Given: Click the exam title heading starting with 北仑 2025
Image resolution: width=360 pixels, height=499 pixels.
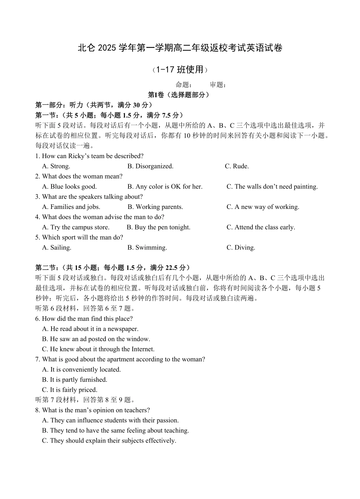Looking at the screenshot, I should (180, 48).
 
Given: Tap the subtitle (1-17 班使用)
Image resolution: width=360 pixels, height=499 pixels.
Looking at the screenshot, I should (180, 70).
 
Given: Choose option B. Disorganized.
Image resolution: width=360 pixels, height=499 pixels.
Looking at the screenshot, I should (150, 166).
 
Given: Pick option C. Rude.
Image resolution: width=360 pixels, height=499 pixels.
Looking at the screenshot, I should (237, 166).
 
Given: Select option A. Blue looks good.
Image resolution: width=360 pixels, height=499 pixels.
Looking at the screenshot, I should (69, 187).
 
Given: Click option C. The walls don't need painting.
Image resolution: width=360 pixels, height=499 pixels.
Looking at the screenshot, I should (272, 187).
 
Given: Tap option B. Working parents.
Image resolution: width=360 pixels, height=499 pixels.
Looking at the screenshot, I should (155, 207).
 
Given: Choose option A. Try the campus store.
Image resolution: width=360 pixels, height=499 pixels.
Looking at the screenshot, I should (75, 228).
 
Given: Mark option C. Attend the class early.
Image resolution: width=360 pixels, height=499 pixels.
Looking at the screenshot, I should (261, 228).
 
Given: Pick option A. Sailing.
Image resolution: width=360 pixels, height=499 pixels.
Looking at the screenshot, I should (56, 248).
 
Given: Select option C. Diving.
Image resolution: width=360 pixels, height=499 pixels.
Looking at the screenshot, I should (241, 248).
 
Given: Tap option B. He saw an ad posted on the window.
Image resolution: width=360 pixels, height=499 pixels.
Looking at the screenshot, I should (96, 339).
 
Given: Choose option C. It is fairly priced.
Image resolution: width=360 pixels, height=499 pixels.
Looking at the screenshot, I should (70, 390).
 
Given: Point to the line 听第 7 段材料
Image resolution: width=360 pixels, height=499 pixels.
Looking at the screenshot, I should (85, 400).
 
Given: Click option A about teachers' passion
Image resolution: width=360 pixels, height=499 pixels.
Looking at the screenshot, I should (110, 421).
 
